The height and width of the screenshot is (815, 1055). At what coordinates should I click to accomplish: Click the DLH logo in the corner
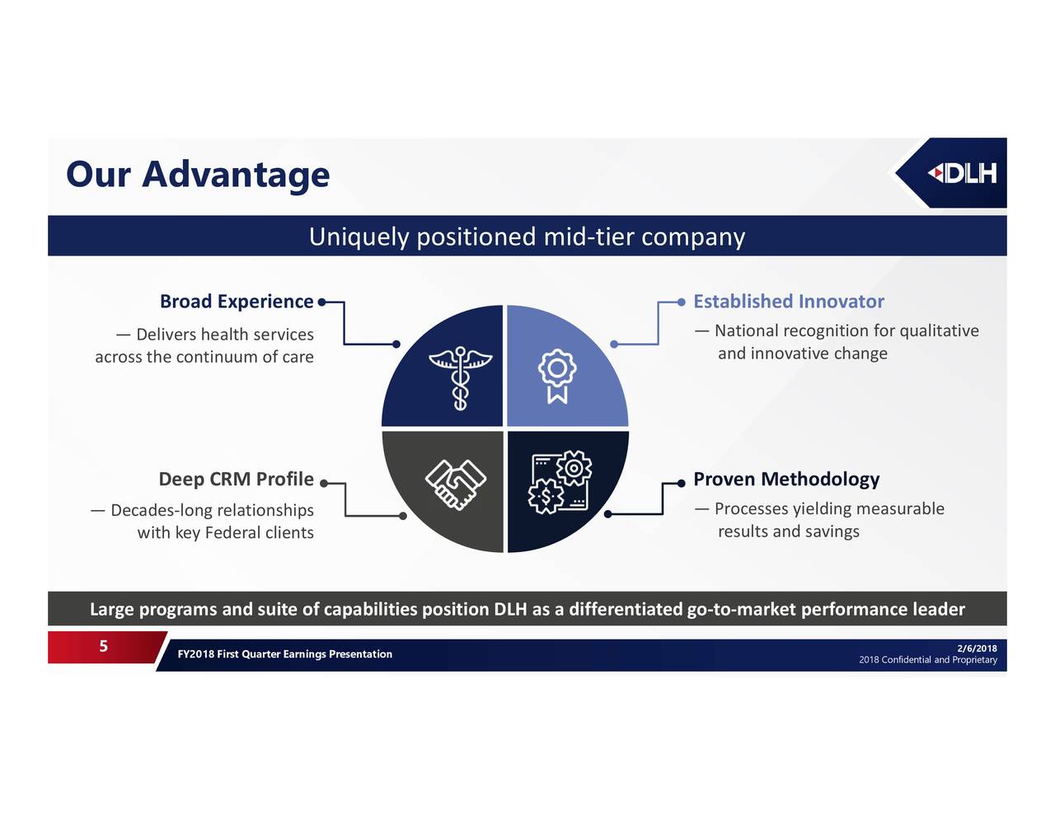tap(961, 173)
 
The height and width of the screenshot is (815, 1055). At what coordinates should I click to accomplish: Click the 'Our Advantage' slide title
tap(198, 174)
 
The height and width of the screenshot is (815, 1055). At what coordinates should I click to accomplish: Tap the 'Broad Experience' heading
tap(237, 301)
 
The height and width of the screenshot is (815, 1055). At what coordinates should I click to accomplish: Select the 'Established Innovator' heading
tap(789, 301)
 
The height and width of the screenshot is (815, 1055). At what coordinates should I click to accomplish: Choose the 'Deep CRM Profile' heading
tap(236, 479)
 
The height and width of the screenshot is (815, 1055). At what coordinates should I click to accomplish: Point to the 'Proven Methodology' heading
tap(786, 479)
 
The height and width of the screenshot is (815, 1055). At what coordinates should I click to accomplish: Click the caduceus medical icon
tap(460, 378)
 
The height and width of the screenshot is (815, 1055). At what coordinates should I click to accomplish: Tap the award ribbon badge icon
tap(557, 377)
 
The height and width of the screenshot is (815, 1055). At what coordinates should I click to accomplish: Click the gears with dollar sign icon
tap(560, 481)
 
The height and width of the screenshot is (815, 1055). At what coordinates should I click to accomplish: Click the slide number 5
tap(103, 645)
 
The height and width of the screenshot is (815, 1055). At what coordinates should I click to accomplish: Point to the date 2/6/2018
tap(977, 648)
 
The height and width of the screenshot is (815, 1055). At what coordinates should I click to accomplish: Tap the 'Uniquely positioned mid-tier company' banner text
tap(527, 237)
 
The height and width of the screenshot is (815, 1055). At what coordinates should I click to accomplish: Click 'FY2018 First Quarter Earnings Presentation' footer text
tap(284, 653)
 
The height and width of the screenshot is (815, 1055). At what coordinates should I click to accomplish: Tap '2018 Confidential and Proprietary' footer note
tap(928, 660)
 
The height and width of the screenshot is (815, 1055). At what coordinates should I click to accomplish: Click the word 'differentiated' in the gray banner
tap(626, 609)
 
